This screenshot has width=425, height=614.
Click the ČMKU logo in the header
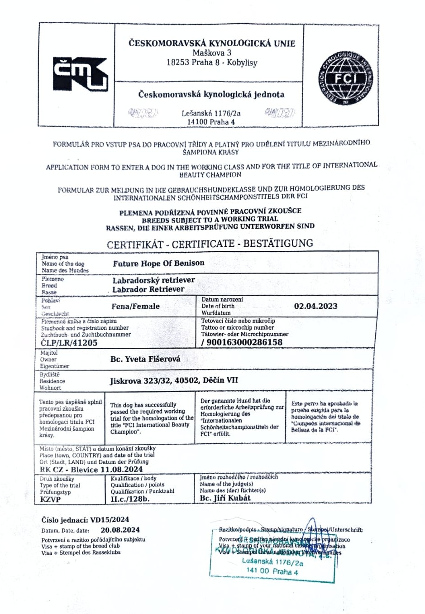80,74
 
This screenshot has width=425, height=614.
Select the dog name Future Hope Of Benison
158,263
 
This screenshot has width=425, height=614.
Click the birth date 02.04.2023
315,306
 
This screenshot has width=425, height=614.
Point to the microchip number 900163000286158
244,342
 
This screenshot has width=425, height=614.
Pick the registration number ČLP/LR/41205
69,343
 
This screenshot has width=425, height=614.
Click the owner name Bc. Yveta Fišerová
145,359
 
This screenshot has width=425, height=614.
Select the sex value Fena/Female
135,306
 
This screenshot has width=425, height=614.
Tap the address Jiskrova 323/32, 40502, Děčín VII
173,380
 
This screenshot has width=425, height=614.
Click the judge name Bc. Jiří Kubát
225,498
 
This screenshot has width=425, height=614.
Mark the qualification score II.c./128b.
130,499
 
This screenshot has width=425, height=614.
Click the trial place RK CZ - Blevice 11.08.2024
91,469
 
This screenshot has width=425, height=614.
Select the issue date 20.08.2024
120,530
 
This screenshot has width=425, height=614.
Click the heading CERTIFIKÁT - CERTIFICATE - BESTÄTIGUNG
210,244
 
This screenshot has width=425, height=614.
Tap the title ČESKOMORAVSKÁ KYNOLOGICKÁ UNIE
212,43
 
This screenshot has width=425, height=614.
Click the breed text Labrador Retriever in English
148,289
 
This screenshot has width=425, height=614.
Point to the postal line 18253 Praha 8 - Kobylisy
212,62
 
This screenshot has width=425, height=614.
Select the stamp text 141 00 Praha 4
272,571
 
